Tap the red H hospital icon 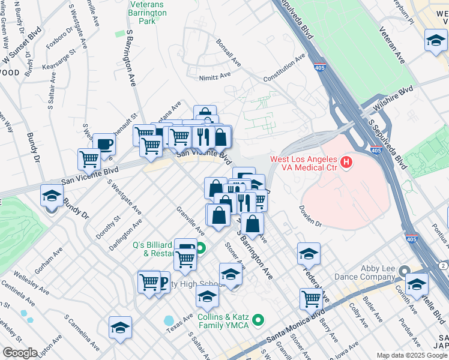click(x=346, y=162)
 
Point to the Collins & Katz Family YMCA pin click(x=259, y=320)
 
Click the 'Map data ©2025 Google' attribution click(x=412, y=355)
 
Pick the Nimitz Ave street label click(x=215, y=76)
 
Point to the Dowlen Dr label click(x=310, y=216)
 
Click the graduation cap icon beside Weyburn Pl click(x=436, y=40)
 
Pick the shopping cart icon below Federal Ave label click(x=311, y=298)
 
